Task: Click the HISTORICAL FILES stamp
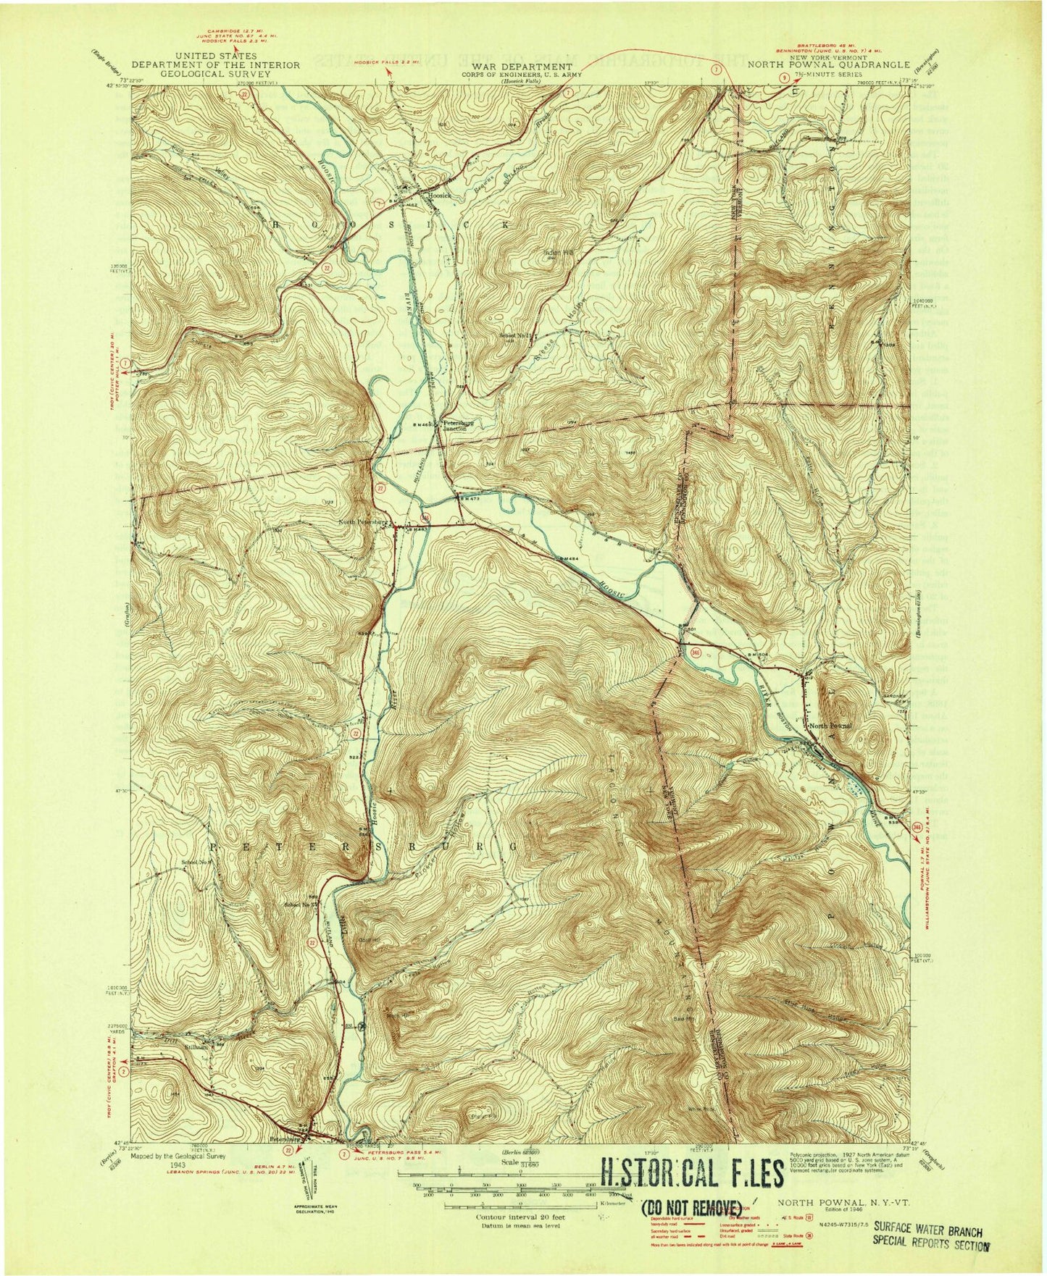pos(691,1175)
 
